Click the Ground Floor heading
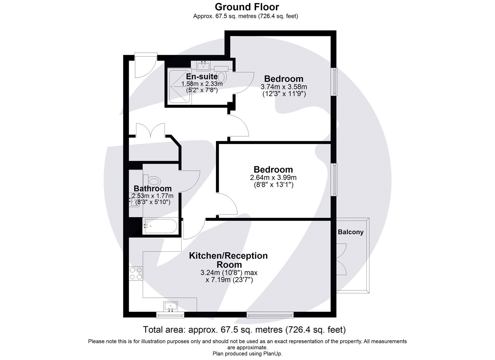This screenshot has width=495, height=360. pos(247,7)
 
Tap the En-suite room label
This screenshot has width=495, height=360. pos(202,76)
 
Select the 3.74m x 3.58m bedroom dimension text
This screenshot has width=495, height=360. pos(284,87)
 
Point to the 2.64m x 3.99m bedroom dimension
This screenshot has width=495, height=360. pos(273,178)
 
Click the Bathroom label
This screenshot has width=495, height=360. pos(153,189)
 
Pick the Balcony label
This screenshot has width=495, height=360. pos(351,232)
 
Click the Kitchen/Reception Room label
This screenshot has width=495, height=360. pos(228,260)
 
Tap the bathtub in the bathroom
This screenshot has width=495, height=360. pos(160,226)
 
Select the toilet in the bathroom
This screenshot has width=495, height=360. pos(154,180)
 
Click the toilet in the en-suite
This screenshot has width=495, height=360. pos(222,76)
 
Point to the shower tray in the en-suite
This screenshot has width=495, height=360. pos(179,86)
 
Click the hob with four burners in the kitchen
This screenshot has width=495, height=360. pos(136,273)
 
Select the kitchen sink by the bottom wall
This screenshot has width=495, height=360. pos(170,306)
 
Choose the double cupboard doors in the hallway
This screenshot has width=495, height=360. pos(150,130)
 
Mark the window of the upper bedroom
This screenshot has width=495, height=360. pos(334,81)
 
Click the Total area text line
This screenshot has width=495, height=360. pos(244,330)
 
